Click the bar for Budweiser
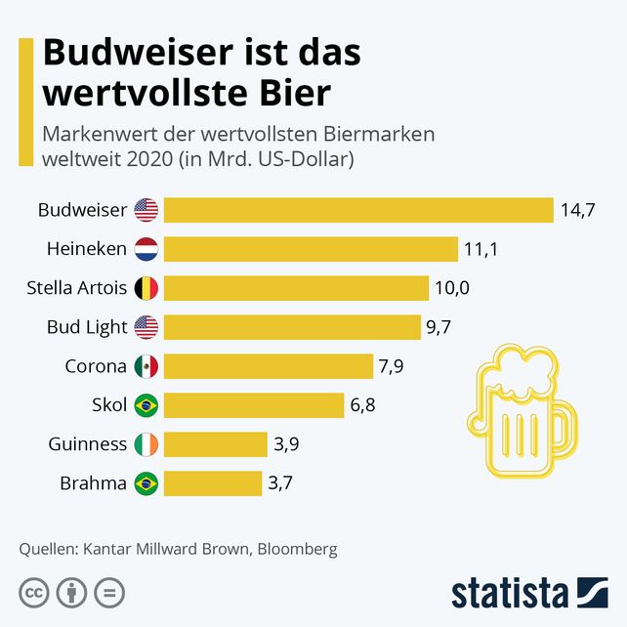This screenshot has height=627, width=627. [358, 210]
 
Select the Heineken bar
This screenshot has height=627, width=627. [311, 249]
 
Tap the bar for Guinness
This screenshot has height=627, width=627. [216, 444]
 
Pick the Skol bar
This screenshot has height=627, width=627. [254, 405]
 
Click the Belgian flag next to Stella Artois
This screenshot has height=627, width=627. [146, 288]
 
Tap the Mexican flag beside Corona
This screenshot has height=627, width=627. [146, 366]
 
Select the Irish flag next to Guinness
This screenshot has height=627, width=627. [146, 444]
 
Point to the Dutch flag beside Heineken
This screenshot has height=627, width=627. [146, 249]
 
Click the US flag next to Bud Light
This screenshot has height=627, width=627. [146, 327]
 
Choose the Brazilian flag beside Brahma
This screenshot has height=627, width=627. [146, 482]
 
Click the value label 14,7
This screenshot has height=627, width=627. [577, 210]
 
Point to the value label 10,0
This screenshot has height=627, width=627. [452, 288]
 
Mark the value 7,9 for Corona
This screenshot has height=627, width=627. [390, 366]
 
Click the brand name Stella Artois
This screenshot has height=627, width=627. [77, 288]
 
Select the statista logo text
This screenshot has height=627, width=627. [509, 593]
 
